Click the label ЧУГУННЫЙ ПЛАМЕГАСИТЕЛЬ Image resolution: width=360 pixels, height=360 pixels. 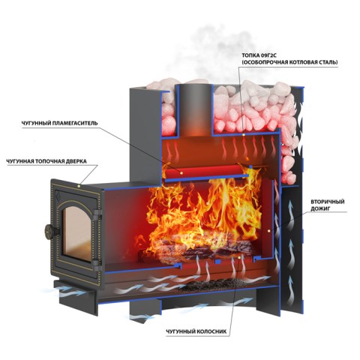(59, 123)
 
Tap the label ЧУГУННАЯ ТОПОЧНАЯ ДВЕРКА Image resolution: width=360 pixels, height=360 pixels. (46, 161)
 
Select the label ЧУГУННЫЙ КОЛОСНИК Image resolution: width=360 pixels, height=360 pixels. (196, 331)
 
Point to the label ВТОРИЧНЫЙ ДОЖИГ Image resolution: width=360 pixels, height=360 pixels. (328, 205)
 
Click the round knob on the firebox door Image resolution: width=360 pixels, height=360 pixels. (49, 230)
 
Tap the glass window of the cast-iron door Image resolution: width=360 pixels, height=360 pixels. (76, 233)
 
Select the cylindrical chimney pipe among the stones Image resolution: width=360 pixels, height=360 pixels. (194, 109)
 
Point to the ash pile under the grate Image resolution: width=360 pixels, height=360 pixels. (212, 285)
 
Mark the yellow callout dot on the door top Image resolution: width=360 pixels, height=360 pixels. (79, 185)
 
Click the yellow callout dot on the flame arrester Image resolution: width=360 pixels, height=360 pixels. (181, 172)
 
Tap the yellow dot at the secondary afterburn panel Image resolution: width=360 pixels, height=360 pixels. (268, 230)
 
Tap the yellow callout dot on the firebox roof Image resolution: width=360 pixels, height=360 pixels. (244, 134)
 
